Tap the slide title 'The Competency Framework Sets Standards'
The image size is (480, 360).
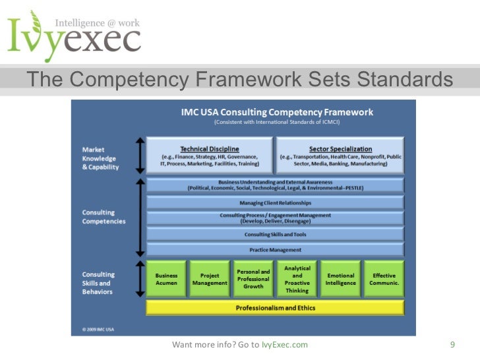(240, 80)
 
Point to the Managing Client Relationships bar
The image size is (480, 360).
(275, 202)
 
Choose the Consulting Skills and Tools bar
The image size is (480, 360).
(275, 234)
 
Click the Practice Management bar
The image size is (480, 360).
(275, 250)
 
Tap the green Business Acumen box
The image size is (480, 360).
(166, 279)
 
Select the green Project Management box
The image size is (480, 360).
(210, 279)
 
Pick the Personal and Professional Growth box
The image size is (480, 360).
(253, 279)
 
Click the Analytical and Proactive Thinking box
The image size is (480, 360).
(297, 279)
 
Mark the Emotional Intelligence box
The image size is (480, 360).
(340, 279)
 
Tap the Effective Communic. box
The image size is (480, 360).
(384, 279)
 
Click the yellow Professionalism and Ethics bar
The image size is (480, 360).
(275, 307)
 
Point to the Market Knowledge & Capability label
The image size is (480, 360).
(99, 158)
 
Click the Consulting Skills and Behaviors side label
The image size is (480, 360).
(99, 283)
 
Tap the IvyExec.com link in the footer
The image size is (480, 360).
(284, 345)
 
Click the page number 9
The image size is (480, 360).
(452, 344)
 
